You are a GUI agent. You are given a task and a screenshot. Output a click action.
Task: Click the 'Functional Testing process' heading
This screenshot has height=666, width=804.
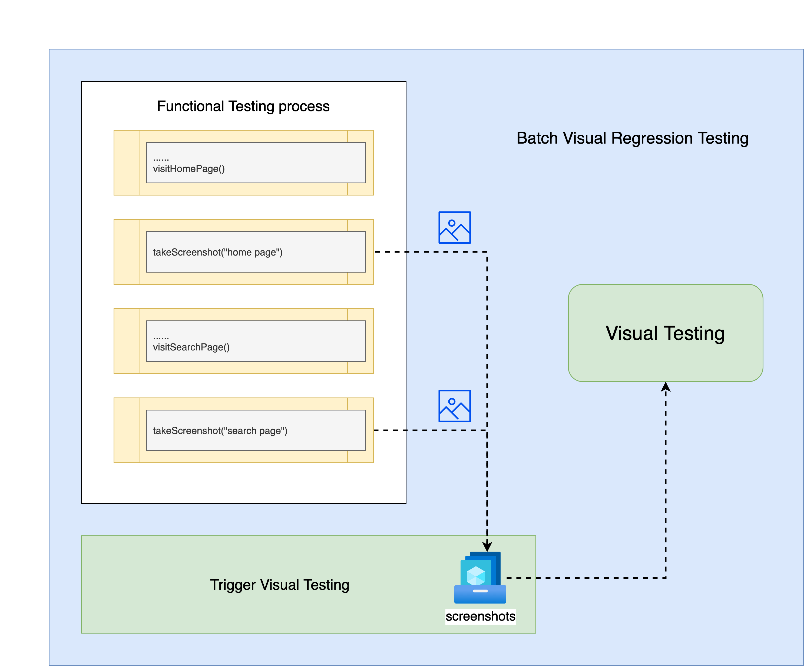point(243,106)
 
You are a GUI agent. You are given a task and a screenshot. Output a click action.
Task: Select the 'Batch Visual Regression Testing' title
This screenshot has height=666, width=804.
point(632,138)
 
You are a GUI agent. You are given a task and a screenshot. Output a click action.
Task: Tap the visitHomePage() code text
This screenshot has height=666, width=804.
point(189,169)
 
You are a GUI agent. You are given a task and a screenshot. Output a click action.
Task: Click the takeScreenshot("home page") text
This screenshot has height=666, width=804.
point(217,252)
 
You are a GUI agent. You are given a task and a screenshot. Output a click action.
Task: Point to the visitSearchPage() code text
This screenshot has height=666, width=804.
point(191,347)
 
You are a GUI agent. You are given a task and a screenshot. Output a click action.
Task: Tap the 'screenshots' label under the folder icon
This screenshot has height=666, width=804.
point(480,616)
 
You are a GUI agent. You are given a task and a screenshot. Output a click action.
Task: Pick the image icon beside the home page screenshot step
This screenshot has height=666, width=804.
point(454,227)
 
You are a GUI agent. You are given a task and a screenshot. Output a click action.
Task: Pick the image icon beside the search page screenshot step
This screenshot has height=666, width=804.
point(454,406)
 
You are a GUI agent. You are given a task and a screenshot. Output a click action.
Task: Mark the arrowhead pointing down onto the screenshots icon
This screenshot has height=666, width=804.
point(487,546)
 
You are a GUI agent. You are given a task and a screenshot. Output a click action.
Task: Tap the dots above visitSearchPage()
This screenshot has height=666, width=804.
point(161,337)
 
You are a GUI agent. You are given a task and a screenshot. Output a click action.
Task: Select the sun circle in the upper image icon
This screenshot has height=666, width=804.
point(452,223)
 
